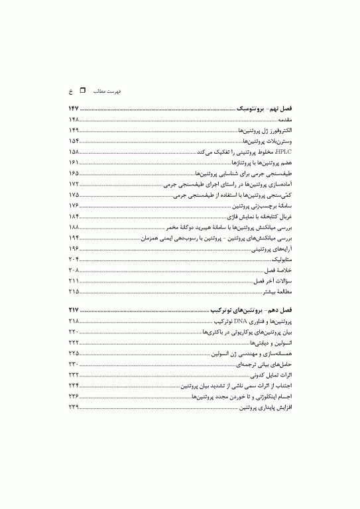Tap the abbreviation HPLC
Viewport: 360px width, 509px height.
coord(283,152)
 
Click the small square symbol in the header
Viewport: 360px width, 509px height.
coord(82,89)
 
